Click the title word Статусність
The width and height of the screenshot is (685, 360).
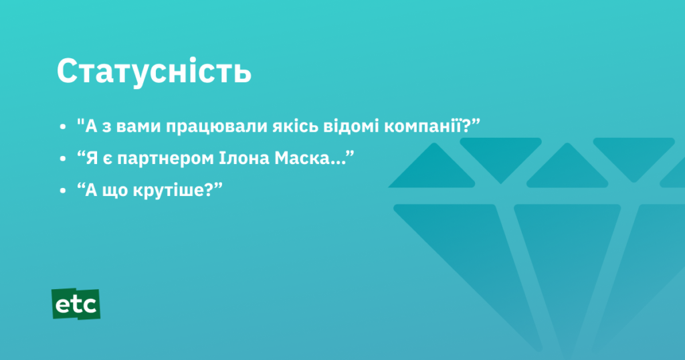point(154,71)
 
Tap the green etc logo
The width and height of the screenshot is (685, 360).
point(76,304)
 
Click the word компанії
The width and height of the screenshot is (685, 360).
point(423,126)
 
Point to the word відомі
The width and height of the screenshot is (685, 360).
point(351,126)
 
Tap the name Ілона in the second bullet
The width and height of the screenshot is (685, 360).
point(243,158)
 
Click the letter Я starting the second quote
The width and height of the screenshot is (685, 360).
point(92,158)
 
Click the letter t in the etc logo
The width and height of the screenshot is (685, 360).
point(76,304)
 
